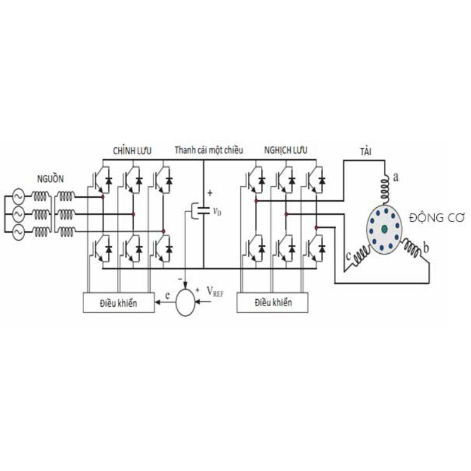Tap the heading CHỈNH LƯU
132,151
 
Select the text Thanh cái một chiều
208,150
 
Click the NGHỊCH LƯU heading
286,151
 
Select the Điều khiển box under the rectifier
119,303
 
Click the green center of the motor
384,228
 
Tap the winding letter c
350,255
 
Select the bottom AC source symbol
15,233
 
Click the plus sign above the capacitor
209,193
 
